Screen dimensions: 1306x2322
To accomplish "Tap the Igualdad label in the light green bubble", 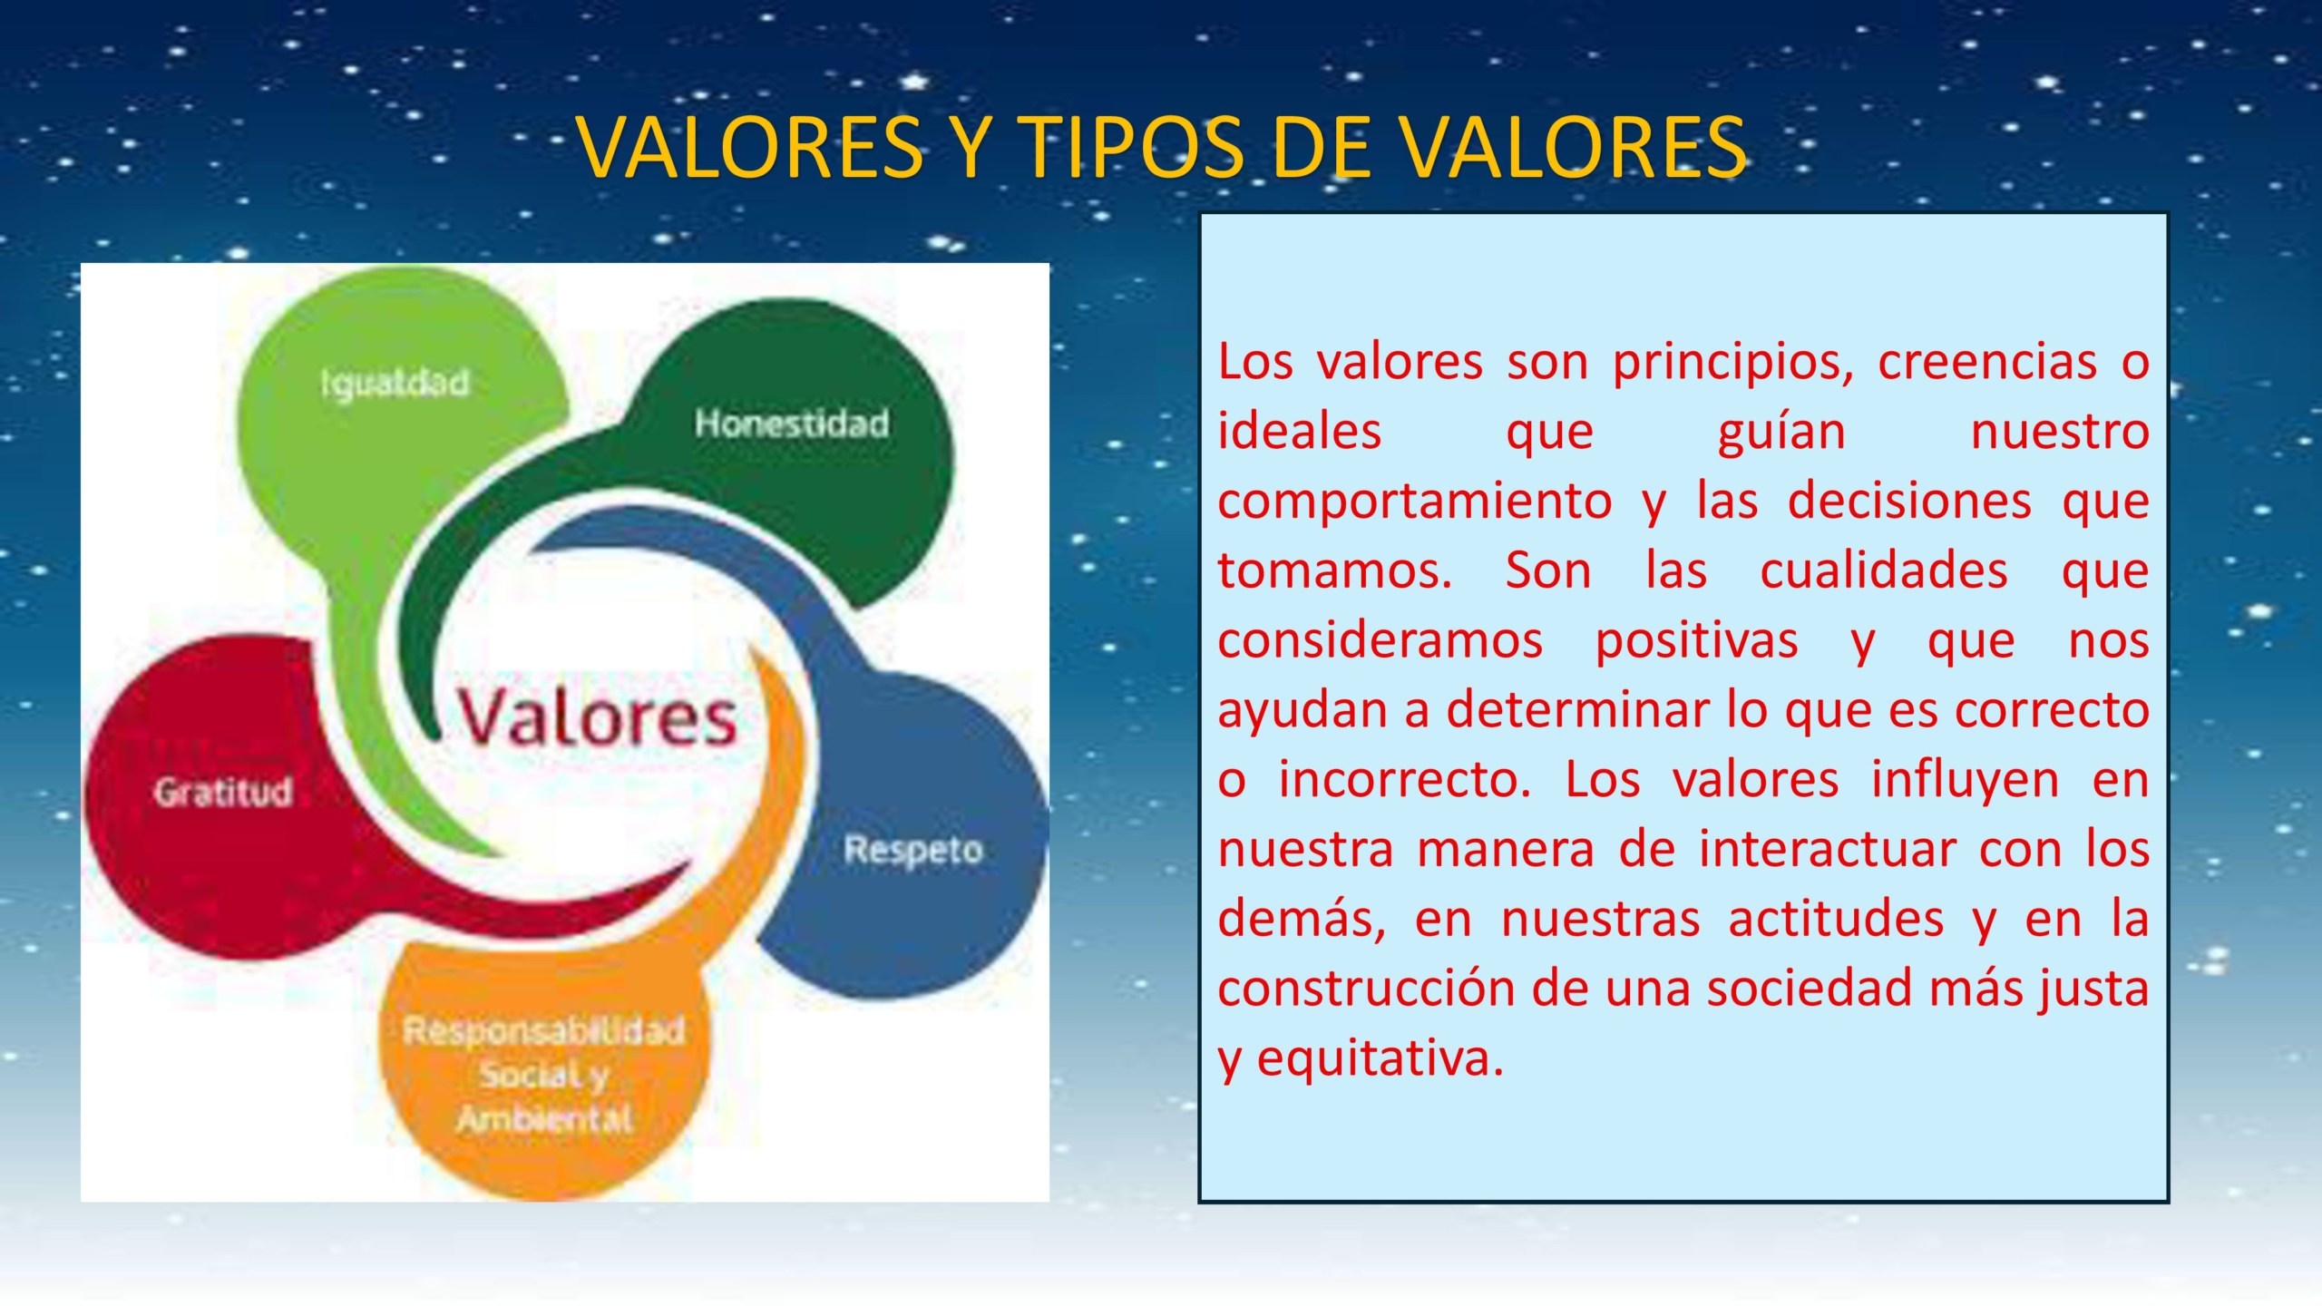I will tap(395, 383).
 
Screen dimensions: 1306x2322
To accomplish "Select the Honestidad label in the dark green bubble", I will tap(792, 424).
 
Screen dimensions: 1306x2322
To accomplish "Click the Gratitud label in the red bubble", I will tap(223, 792).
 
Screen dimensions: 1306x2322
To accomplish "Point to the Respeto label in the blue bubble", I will tap(913, 850).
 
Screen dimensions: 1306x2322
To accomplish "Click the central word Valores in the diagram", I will tap(596, 717).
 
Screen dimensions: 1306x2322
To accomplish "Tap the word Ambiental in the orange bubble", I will tap(544, 1119).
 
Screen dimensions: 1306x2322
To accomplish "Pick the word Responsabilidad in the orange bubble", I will tap(544, 1031).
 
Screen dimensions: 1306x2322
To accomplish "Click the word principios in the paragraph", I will tap(1733, 362).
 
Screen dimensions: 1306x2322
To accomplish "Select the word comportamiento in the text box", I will tap(1414, 502).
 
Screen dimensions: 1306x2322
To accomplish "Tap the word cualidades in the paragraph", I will tap(1883, 571).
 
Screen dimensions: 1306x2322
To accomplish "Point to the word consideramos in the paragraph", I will tap(1380, 641).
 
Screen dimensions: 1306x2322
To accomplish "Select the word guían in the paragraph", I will tap(1781, 432).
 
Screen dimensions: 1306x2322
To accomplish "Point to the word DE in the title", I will tap(1321, 147).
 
